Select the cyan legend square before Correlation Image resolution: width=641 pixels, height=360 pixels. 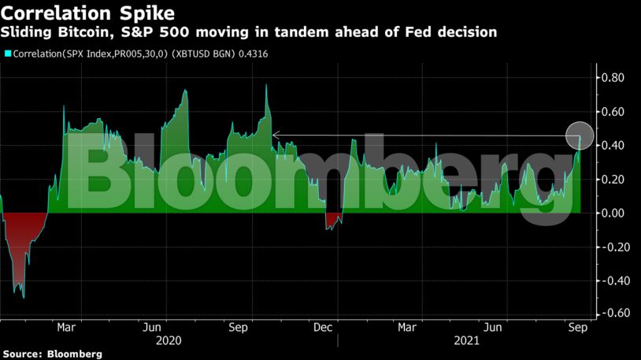pos(7,54)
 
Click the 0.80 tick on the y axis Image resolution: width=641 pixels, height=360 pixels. pos(613,77)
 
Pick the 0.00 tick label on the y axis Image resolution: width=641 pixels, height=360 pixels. pos(613,213)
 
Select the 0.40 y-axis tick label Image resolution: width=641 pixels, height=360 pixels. pos(613,146)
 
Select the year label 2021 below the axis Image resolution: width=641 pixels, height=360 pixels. pos(465,342)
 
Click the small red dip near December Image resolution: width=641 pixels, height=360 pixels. pos(334,220)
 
